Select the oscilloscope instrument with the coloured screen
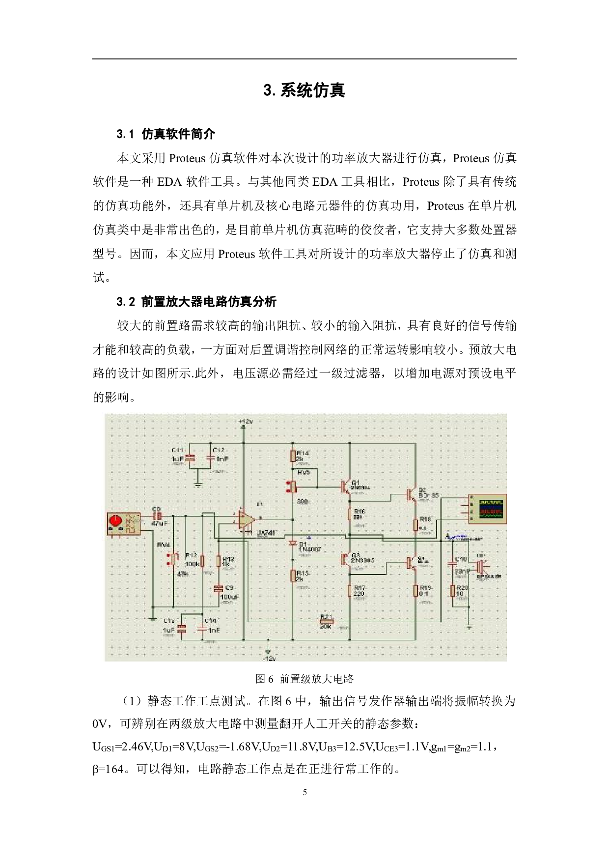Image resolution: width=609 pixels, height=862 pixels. tap(487, 509)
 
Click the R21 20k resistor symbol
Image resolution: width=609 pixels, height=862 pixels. tap(326, 621)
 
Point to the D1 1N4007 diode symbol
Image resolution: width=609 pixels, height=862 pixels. tap(293, 543)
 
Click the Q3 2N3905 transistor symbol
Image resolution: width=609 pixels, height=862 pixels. tap(344, 559)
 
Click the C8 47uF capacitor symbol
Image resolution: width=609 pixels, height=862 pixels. tap(158, 516)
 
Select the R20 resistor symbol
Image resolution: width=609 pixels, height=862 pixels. tap(452, 590)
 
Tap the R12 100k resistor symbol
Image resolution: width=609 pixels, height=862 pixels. tap(202, 562)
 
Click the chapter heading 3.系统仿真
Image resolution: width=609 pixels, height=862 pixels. tap(304, 90)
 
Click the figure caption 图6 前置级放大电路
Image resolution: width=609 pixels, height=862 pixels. tap(304, 679)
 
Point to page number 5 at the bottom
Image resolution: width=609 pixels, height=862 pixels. tap(304, 792)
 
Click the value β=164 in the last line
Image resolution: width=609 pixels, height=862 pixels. tap(108, 769)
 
